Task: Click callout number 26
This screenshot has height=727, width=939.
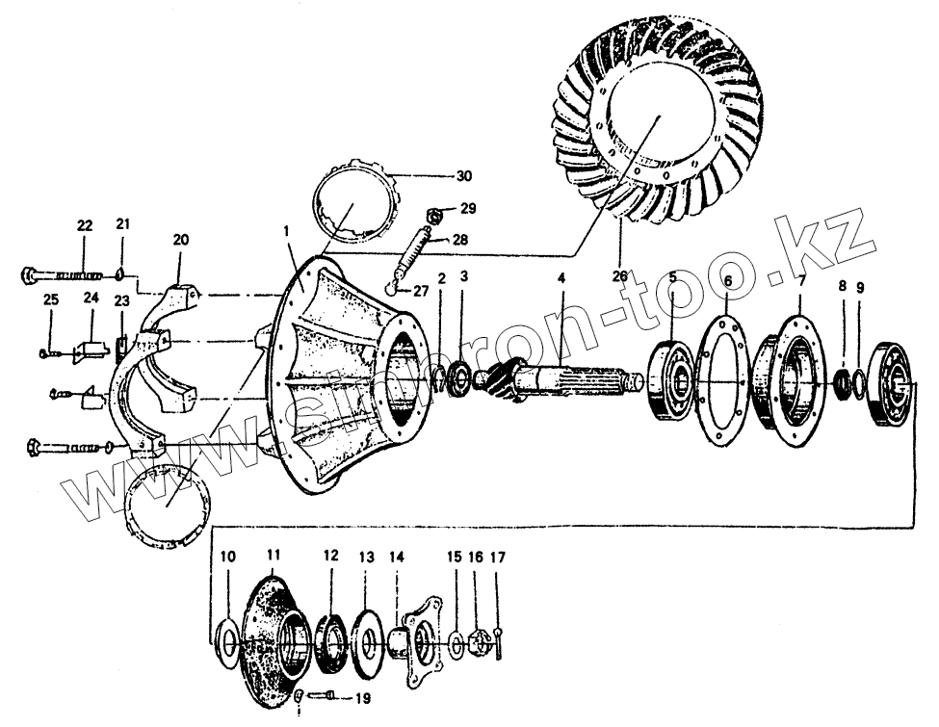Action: coord(619,276)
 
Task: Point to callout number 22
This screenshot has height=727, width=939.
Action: coord(85,225)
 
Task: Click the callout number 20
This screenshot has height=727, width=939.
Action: coord(182,240)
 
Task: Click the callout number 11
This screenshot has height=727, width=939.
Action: coord(273,556)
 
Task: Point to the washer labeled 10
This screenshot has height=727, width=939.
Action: coord(227,639)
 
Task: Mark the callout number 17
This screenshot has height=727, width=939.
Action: coord(498,558)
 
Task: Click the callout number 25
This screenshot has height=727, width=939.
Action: coord(51,299)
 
